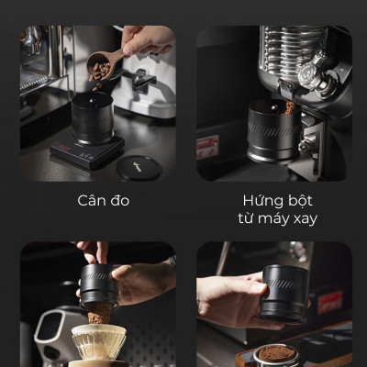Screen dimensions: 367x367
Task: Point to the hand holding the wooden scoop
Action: point(147,40)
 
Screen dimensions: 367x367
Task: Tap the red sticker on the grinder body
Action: point(207,147)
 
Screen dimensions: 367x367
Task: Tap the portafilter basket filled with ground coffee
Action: point(276,353)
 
